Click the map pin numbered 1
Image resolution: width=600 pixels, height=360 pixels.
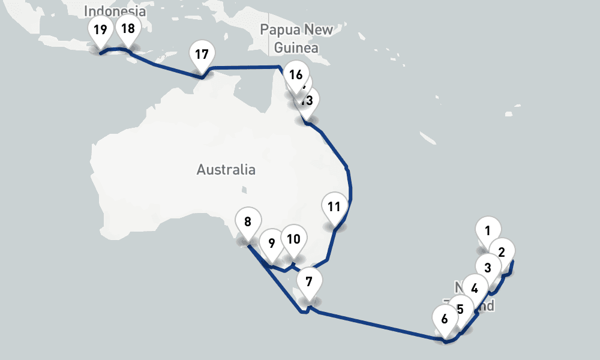(488, 230)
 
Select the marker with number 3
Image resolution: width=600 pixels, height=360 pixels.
(488, 268)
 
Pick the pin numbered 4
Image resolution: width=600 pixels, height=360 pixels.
(475, 288)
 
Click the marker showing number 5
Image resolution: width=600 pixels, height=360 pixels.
(460, 310)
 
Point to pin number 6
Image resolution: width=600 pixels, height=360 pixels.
(445, 319)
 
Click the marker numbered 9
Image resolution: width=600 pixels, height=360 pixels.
(272, 244)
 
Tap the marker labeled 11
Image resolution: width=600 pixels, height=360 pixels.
(334, 207)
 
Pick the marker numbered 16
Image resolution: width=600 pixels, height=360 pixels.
(295, 75)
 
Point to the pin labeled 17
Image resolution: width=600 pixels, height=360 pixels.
(202, 55)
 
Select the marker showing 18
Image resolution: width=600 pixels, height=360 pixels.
(128, 29)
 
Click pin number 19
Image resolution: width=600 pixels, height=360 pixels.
(100, 30)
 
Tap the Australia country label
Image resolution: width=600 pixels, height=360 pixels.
(226, 170)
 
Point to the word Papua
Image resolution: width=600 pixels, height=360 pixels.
(280, 30)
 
